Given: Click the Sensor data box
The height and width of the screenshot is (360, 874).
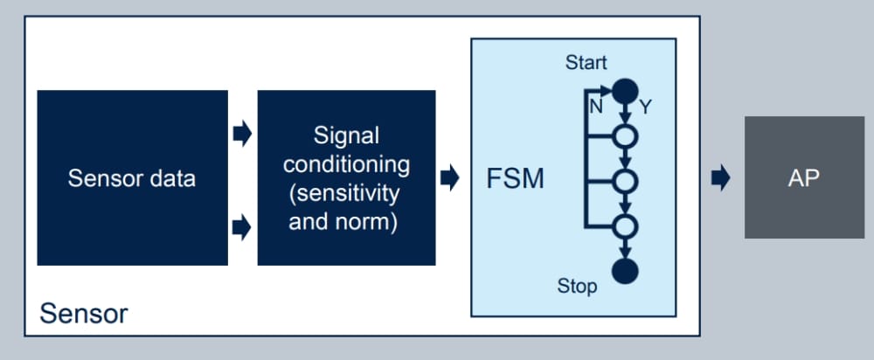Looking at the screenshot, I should (132, 178).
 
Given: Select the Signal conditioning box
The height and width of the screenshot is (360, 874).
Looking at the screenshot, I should (346, 178).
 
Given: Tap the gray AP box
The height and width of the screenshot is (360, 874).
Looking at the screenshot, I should (803, 177).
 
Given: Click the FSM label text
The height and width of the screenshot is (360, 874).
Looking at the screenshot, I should (515, 179).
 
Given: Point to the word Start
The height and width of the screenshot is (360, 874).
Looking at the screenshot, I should (586, 63).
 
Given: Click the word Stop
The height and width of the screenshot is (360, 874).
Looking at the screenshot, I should (577, 286).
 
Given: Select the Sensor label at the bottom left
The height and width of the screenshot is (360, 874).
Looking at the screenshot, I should (84, 314).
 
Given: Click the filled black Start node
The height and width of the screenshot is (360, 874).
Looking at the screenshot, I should (624, 89).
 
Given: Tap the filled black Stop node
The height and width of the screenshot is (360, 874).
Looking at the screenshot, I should (624, 271).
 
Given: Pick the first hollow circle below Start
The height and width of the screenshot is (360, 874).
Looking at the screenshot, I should (624, 136).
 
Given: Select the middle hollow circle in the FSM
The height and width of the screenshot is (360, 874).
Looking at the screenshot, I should (624, 181).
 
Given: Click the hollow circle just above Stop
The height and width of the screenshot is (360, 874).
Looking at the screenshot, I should (624, 226).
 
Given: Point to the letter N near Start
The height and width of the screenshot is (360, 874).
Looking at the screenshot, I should (596, 107).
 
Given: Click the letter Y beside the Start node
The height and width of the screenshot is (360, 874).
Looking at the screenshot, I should (646, 107).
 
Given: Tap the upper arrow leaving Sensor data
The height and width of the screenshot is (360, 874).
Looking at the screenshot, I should (242, 135).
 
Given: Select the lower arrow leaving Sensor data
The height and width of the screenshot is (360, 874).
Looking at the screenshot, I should (242, 228).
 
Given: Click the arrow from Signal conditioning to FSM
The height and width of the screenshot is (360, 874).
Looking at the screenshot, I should (450, 179).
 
